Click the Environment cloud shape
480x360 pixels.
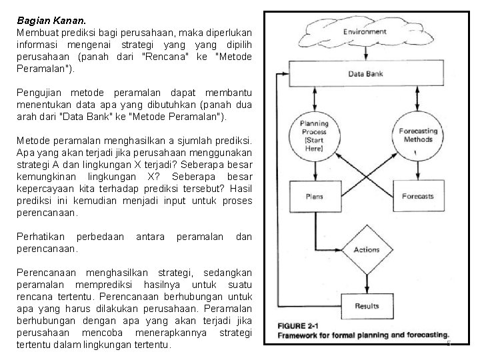[365, 31]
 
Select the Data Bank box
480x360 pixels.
[365, 74]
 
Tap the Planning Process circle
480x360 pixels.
[314, 136]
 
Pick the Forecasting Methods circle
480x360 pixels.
[418, 135]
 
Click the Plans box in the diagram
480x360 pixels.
[314, 197]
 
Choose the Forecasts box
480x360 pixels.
[418, 197]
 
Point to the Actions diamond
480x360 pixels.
[366, 250]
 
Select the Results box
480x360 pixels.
[366, 307]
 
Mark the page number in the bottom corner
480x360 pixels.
[449, 343]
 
